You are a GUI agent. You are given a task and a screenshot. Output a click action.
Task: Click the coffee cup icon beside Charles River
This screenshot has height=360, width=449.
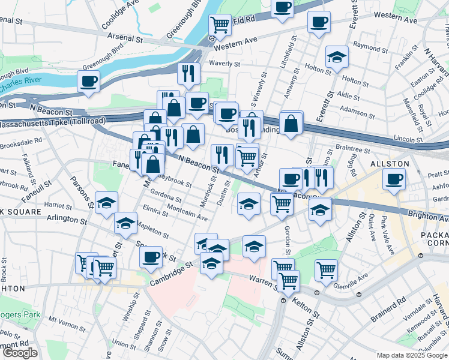pyautogui.click(x=89, y=81)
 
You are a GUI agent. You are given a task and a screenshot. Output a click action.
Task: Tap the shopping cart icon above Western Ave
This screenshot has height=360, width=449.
pyautogui.click(x=220, y=25)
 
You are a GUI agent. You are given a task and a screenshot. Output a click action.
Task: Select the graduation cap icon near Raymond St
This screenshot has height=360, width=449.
pyautogui.click(x=337, y=58)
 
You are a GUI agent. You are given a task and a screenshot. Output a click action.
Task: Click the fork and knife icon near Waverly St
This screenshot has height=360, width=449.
pyautogui.click(x=188, y=73)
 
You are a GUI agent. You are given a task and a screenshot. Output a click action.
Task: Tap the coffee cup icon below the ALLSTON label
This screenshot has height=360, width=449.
pyautogui.click(x=394, y=178)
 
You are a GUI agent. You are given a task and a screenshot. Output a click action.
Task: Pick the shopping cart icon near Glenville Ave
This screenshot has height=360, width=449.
pyautogui.click(x=326, y=269)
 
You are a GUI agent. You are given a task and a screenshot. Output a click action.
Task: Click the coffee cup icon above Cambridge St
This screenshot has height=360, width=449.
pyautogui.click(x=151, y=257)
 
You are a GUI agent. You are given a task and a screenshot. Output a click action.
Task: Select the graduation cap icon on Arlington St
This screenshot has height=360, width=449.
pyautogui.click(x=125, y=223)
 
